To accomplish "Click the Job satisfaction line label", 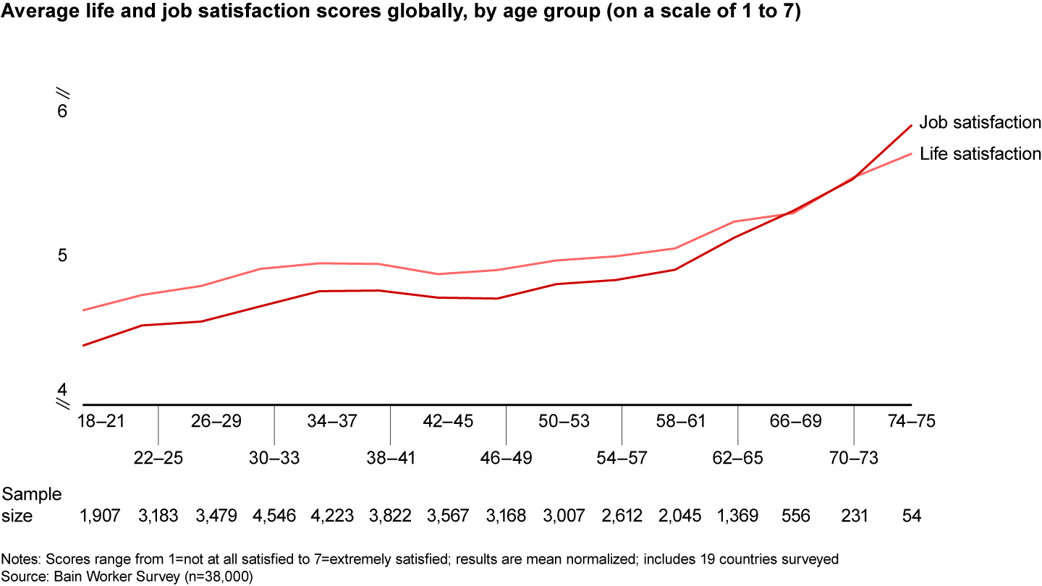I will tap(980, 122).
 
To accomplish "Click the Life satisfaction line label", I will tap(980, 153).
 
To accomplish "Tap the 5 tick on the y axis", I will tap(62, 255).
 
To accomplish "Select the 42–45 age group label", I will tap(448, 421).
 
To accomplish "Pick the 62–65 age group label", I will tap(738, 458).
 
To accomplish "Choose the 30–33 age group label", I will tap(274, 458).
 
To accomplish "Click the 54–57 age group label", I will tap(622, 458).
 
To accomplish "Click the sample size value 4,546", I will tap(274, 515).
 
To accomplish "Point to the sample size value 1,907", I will tap(100, 515).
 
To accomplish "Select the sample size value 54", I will tap(911, 515).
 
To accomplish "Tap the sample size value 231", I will tap(854, 515).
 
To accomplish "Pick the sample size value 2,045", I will tap(680, 515).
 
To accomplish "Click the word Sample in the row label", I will tap(32, 495).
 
